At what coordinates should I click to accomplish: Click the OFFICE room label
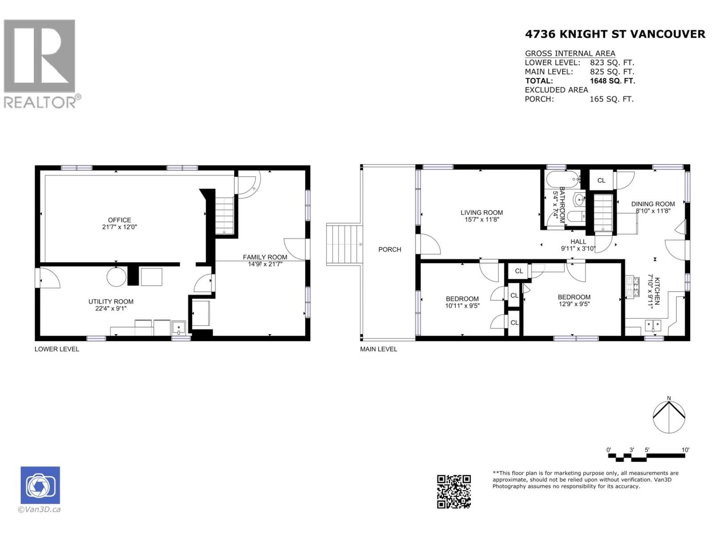(119, 220)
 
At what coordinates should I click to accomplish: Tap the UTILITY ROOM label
(111, 302)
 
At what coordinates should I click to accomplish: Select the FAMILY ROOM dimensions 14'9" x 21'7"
(265, 264)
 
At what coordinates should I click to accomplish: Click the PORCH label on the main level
(390, 250)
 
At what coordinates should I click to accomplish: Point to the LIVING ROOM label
(481, 213)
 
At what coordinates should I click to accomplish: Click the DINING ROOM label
(653, 204)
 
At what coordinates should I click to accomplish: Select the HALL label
(578, 242)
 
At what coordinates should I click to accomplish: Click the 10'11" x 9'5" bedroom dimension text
(462, 306)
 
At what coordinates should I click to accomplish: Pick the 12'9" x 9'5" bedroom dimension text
(574, 304)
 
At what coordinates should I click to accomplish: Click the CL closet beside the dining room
(601, 180)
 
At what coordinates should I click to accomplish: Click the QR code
(453, 491)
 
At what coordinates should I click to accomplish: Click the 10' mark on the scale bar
(685, 450)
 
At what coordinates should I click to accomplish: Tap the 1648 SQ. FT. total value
(612, 81)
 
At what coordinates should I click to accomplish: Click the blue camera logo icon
(40, 485)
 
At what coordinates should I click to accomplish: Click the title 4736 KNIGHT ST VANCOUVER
(615, 34)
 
